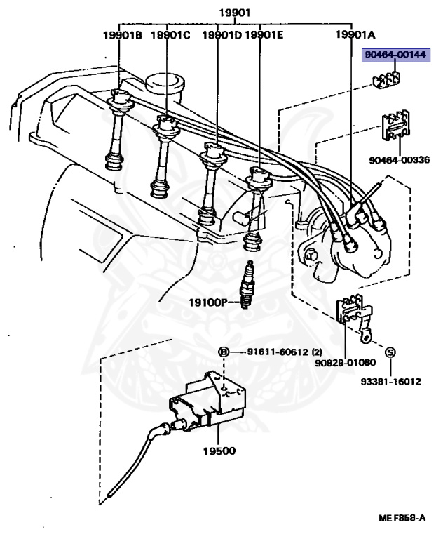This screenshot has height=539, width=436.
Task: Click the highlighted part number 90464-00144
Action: [394, 55]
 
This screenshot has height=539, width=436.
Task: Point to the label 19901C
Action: [170, 34]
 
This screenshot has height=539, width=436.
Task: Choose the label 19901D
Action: [222, 34]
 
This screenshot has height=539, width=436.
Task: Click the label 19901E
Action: [264, 34]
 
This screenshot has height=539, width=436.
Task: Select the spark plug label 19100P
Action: [209, 302]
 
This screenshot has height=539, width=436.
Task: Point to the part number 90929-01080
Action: [345, 363]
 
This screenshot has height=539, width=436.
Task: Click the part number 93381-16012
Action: [390, 382]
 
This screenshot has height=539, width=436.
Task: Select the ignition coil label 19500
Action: [221, 451]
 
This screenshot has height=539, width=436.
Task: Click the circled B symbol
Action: [223, 352]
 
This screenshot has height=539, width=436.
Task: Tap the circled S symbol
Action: [390, 351]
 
